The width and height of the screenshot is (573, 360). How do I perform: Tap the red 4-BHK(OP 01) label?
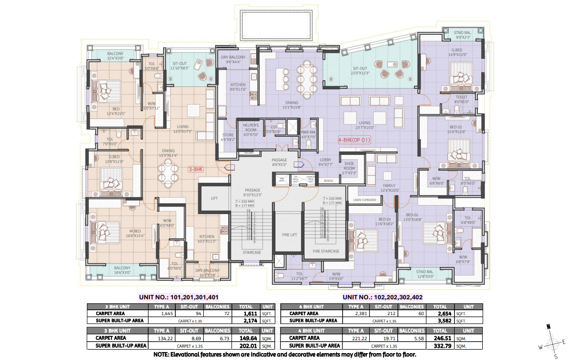click(354, 140)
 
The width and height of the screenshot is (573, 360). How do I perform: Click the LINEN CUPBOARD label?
click(365, 200)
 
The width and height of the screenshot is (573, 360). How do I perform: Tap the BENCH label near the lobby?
click(328, 181)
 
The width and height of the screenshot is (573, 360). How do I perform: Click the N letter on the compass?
click(548, 326)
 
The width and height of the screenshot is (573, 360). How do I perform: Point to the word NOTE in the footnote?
click(162, 354)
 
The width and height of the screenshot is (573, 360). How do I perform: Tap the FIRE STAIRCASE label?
click(326, 251)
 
